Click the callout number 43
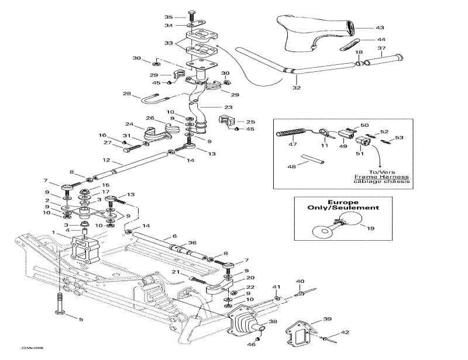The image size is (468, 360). click(380, 27)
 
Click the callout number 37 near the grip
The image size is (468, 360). click(381, 48)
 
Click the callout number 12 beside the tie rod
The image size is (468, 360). click(106, 160)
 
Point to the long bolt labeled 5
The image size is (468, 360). click(60, 306)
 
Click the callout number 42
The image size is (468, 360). click(345, 332)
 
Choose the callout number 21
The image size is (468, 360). click(175, 273)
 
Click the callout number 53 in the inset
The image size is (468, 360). click(399, 138)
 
